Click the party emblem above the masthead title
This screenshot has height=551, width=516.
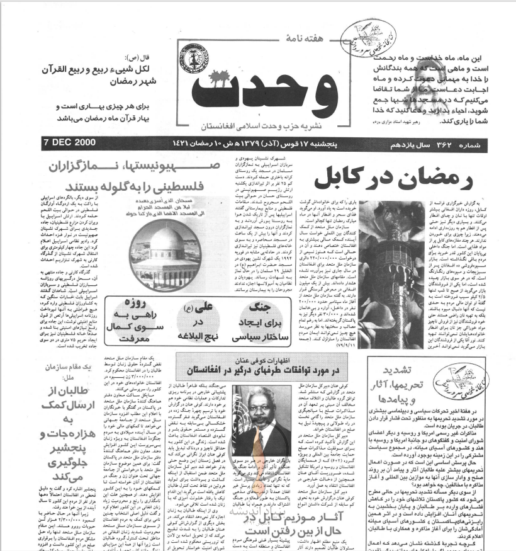(205, 56)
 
